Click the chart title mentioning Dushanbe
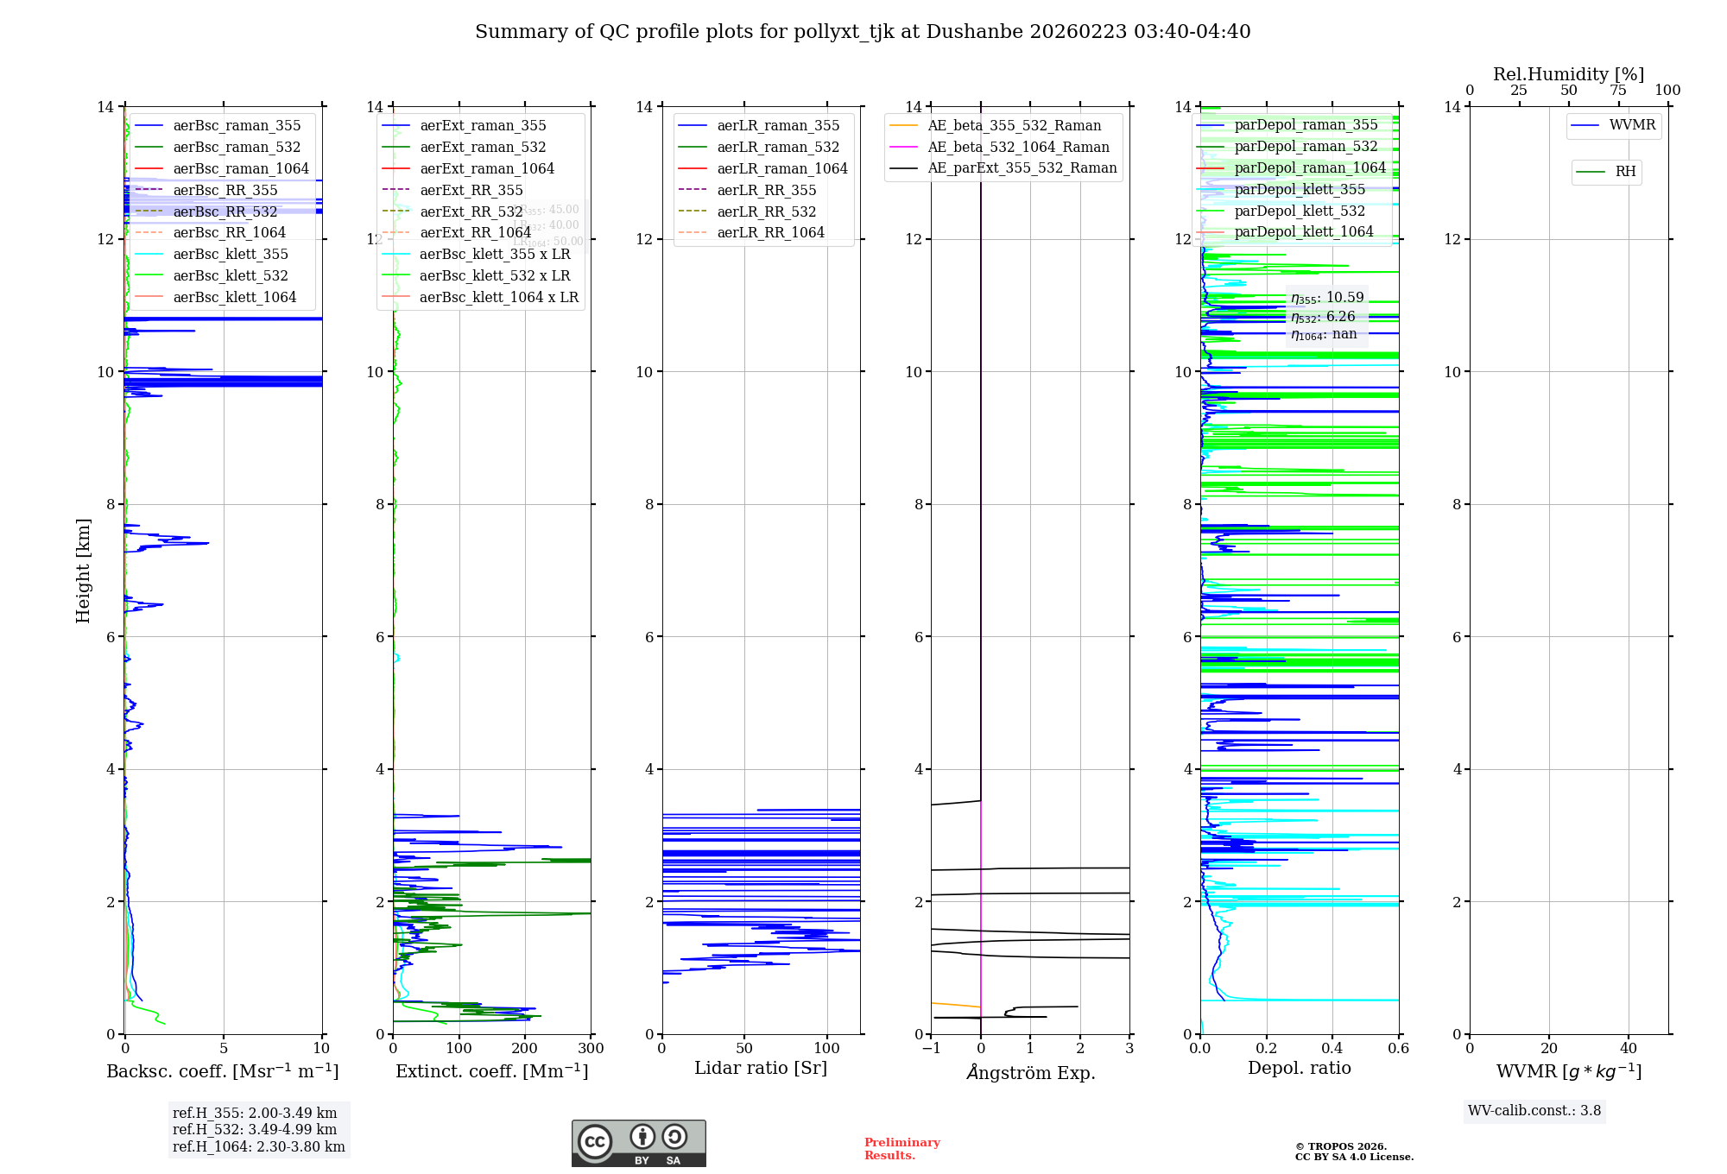(x=863, y=32)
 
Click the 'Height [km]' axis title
(x=83, y=571)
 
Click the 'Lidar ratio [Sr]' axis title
(x=761, y=1068)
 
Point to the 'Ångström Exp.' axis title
(x=1030, y=1072)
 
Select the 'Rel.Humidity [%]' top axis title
(x=1568, y=74)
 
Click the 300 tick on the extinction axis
(x=591, y=1048)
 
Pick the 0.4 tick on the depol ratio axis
(x=1332, y=1048)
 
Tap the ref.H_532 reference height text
(x=255, y=1129)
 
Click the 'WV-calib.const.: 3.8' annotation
(x=1534, y=1111)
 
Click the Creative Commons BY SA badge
(x=638, y=1143)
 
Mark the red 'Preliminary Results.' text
(x=902, y=1149)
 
